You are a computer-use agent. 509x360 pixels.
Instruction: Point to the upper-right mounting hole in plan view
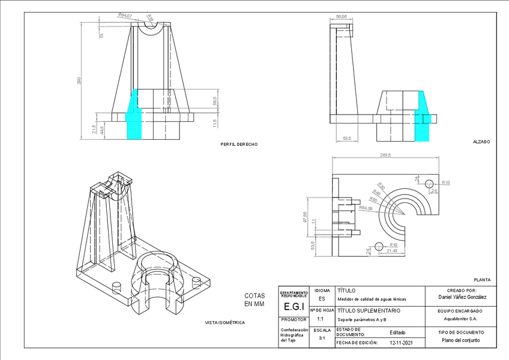coord(429,182)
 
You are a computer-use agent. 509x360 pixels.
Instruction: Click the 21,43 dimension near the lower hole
coord(391,251)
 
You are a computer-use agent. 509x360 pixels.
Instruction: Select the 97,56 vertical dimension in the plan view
coord(305,218)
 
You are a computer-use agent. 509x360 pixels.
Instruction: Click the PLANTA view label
coord(482,280)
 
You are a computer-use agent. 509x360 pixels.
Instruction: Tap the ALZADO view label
coord(481,142)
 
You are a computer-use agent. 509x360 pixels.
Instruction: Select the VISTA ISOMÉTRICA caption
coord(225,322)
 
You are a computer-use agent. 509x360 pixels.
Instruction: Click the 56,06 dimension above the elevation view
coord(342,17)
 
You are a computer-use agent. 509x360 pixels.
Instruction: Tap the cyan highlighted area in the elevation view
coord(424,117)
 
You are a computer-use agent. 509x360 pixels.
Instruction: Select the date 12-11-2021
coord(402,343)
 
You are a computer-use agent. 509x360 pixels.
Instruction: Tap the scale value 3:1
coord(322,338)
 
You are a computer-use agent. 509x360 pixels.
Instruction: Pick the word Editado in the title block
coord(397,332)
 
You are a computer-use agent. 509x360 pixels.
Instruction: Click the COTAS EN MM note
coord(254,299)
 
